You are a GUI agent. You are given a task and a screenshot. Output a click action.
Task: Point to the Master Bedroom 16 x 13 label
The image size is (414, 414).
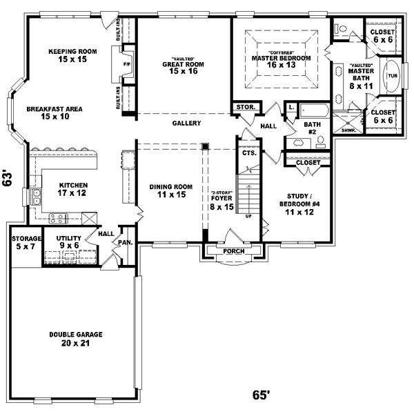tap(281, 62)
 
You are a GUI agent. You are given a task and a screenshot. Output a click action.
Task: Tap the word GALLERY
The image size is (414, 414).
tap(186, 124)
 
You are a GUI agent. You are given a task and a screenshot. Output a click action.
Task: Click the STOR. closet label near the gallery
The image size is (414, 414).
tap(246, 108)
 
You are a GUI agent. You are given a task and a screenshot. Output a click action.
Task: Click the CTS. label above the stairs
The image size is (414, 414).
tap(249, 152)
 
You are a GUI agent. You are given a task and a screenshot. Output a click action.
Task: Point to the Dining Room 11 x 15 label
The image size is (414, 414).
tap(171, 190)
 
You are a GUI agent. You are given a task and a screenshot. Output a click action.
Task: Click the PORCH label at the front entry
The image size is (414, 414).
tap(234, 251)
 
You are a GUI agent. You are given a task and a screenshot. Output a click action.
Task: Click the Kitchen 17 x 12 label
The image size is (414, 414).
tap(72, 189)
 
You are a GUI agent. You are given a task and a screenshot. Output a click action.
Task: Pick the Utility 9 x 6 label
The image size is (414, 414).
tap(69, 241)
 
